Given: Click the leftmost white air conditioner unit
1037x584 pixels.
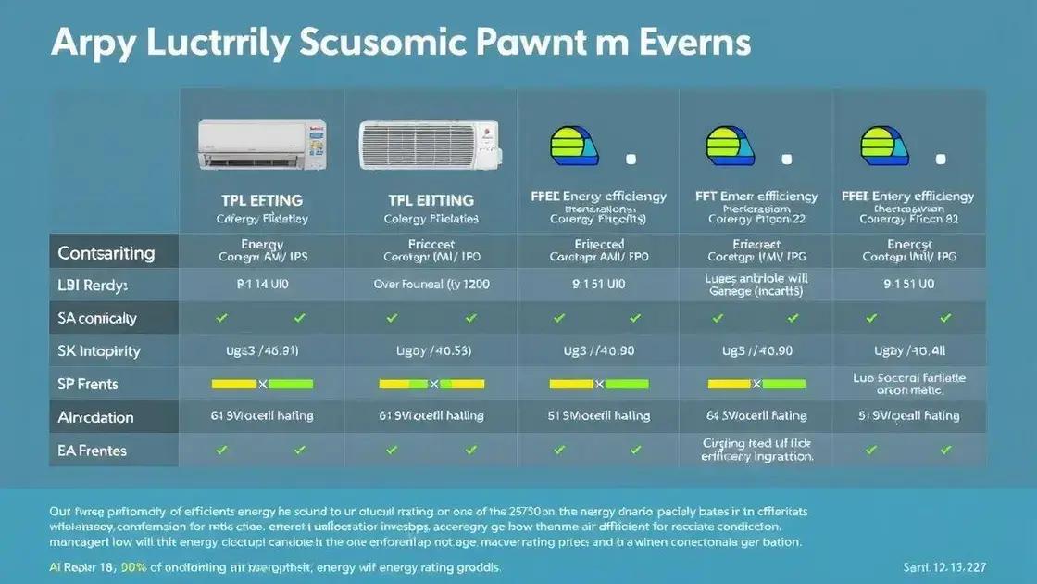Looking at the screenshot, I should tap(263, 143).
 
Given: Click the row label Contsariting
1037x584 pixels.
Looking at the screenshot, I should tap(106, 253).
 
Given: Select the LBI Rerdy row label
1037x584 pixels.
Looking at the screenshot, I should tap(93, 286).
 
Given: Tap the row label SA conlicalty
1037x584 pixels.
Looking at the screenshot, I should tap(97, 318).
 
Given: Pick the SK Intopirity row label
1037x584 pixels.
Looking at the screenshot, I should tap(99, 351).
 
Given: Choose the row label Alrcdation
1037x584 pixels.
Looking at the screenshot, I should tap(95, 417).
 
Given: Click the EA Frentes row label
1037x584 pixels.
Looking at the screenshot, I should tap(92, 451).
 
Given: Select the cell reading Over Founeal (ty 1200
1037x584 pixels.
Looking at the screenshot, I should tap(430, 285).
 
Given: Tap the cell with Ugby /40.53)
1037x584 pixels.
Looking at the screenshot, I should tap(430, 351).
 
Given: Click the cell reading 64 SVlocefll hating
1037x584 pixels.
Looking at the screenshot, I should tap(756, 416).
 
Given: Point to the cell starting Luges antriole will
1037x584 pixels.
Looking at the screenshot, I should tap(756, 284).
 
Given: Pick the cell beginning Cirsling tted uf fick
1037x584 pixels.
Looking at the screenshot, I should tap(756, 450).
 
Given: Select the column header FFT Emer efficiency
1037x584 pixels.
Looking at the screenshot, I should tap(756, 197).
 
